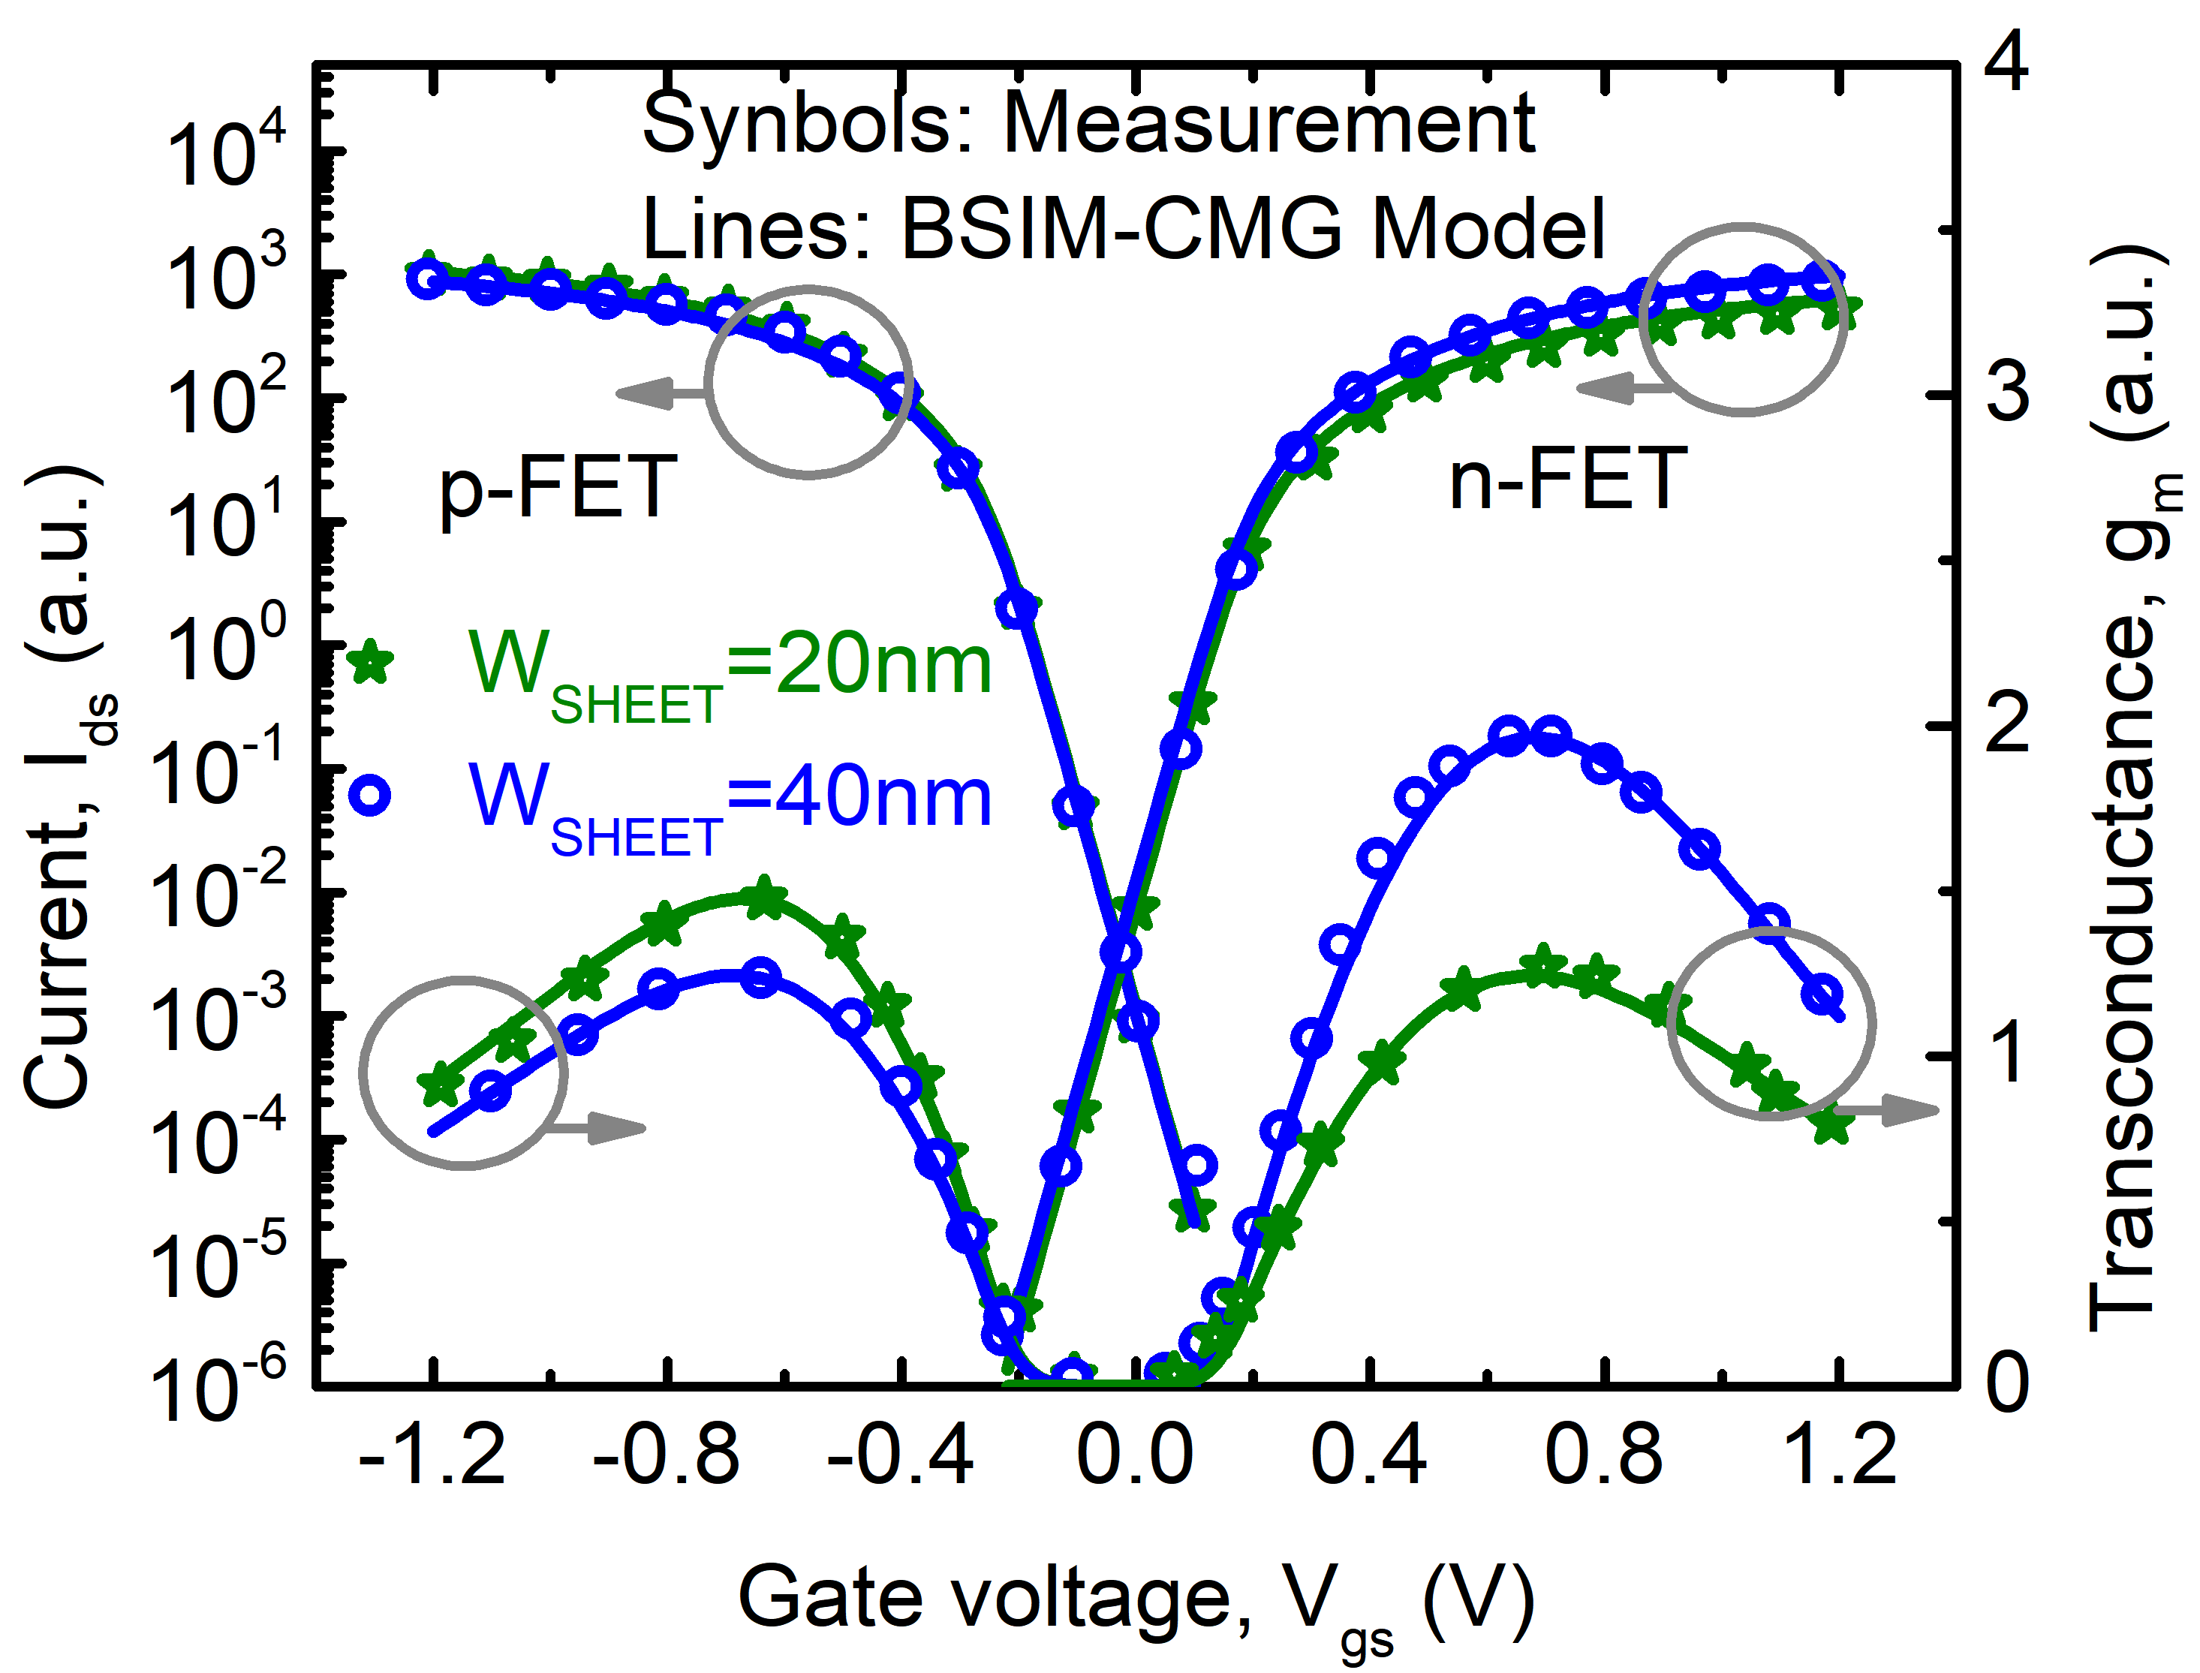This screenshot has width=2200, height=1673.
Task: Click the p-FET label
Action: (558, 487)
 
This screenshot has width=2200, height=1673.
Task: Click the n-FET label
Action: (1567, 479)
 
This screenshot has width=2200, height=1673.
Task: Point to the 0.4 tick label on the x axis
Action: (1369, 1456)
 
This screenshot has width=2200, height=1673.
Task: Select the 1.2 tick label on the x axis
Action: (1838, 1456)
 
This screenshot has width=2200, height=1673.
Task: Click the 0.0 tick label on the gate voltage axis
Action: (1136, 1456)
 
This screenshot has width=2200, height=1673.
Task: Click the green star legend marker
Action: (371, 662)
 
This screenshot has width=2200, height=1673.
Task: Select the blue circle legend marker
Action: (371, 796)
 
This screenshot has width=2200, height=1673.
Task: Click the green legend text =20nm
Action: (859, 665)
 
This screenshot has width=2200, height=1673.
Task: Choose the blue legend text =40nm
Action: (859, 799)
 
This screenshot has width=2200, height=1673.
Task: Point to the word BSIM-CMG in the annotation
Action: (1130, 229)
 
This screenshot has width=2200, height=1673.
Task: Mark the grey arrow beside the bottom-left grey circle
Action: (597, 1128)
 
